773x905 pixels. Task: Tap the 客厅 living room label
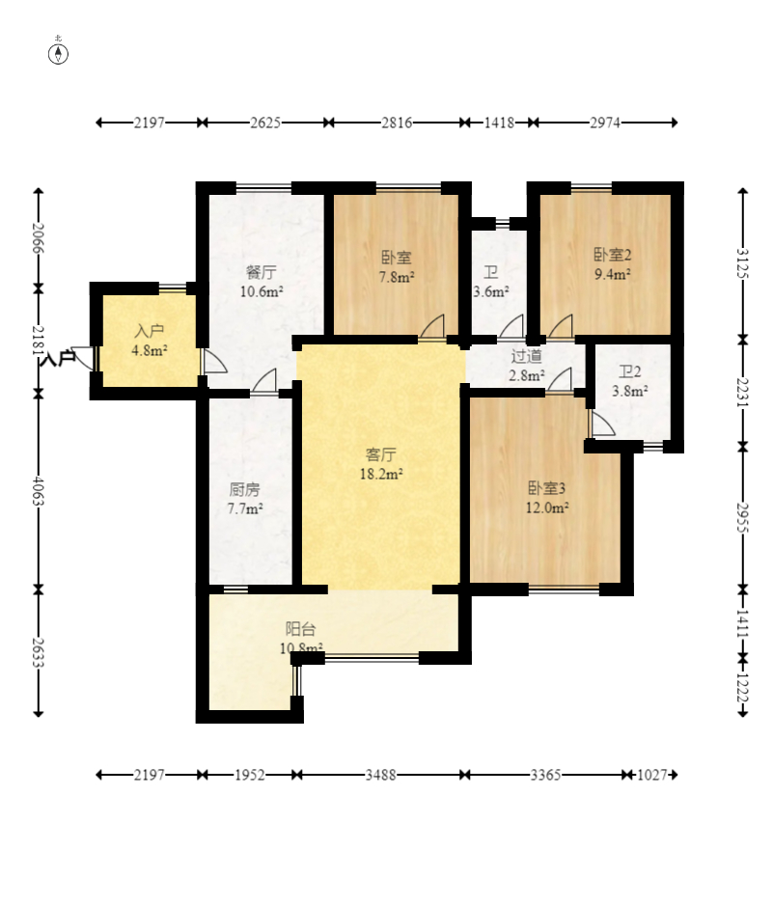[x=381, y=454]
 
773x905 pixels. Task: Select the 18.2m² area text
[x=381, y=475]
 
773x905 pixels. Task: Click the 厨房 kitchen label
[x=245, y=489]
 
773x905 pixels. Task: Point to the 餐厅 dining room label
[x=261, y=272]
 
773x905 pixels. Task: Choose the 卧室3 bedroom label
[x=547, y=488]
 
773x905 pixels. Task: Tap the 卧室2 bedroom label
[x=613, y=255]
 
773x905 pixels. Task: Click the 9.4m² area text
[x=613, y=274]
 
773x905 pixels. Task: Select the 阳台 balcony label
[x=301, y=628]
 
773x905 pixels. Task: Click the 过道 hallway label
[x=527, y=356]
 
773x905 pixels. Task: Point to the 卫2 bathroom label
[x=630, y=371]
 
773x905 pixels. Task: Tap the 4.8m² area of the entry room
[x=150, y=350]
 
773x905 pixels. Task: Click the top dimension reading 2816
[x=397, y=123]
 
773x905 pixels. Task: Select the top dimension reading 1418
[x=499, y=123]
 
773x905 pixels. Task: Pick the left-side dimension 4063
[x=38, y=490]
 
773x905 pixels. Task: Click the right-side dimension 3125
[x=743, y=263]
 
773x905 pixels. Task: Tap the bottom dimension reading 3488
[x=380, y=775]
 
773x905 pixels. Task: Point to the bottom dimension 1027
[x=651, y=775]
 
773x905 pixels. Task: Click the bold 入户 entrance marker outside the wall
[x=58, y=358]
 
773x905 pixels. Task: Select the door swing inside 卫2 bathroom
[x=602, y=423]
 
